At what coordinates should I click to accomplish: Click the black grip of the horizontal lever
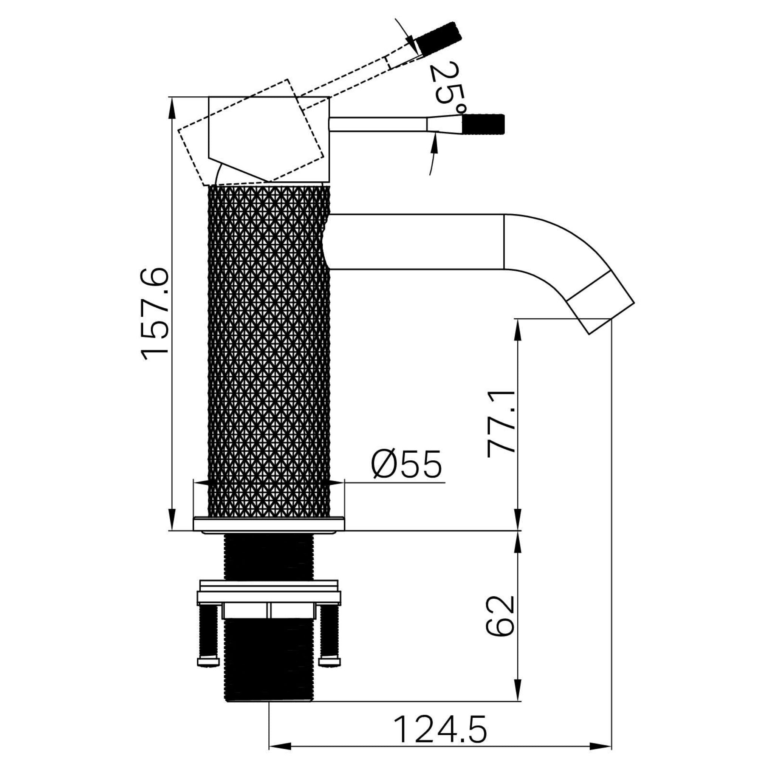click(483, 124)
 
